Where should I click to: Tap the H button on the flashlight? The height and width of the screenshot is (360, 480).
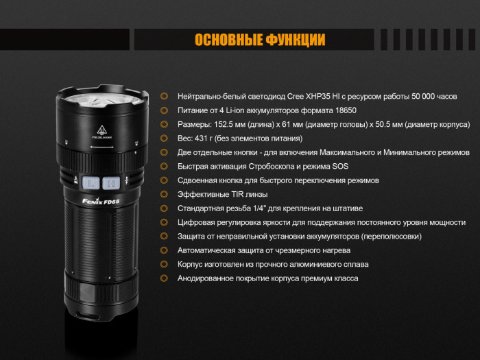(110, 182)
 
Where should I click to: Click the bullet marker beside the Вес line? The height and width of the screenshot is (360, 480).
(164, 139)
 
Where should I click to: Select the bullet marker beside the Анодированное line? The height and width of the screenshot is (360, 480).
(164, 278)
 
